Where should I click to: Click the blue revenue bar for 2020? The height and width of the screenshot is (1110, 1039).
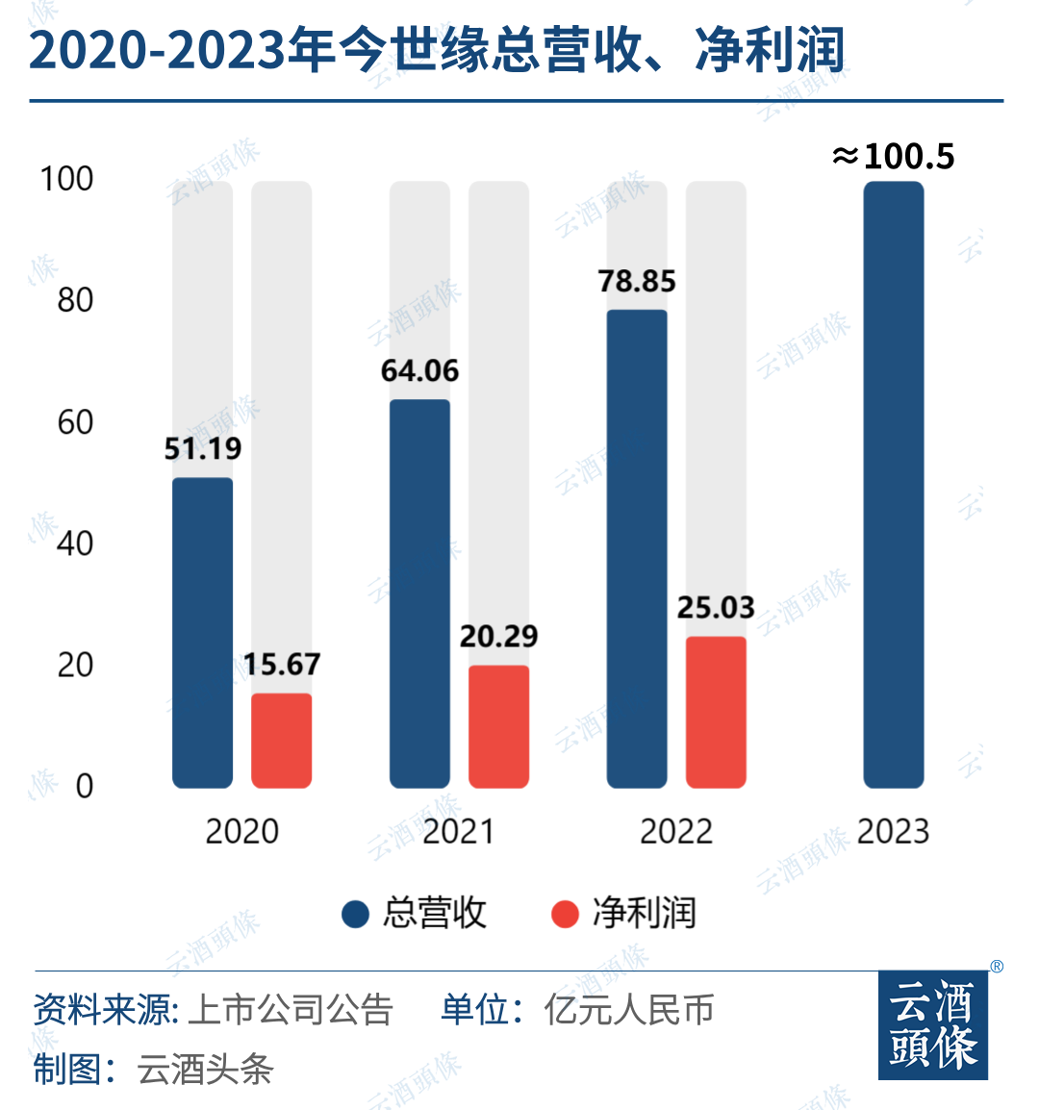click(x=202, y=633)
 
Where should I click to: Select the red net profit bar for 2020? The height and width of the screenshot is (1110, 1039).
click(x=281, y=741)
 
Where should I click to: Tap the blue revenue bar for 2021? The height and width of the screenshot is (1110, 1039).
click(x=419, y=593)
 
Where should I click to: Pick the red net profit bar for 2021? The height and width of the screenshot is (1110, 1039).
click(x=498, y=726)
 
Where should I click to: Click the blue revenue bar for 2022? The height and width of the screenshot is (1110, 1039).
click(x=637, y=548)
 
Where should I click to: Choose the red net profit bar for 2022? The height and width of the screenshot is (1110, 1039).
click(x=716, y=712)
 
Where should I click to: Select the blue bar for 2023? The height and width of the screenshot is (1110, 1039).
click(x=894, y=485)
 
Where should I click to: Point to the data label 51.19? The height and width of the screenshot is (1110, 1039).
click(x=202, y=448)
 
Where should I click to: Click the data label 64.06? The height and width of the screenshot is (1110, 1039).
click(x=419, y=370)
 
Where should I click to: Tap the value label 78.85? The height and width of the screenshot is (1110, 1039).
click(x=637, y=281)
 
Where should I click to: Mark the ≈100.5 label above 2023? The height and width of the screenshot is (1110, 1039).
click(x=894, y=156)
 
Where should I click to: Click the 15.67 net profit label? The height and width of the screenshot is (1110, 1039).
click(x=281, y=665)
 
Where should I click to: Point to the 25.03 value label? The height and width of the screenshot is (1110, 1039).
click(x=716, y=608)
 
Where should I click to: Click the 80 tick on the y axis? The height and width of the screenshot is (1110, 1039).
click(x=75, y=300)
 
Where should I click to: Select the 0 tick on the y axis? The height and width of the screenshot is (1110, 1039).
click(x=85, y=787)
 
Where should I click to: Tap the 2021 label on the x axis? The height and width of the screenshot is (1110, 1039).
click(x=459, y=832)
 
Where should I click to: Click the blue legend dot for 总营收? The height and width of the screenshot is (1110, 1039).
click(x=356, y=914)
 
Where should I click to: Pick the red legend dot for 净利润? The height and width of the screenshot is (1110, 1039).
click(x=565, y=914)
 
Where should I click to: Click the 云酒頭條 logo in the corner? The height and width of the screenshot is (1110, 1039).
click(x=933, y=1025)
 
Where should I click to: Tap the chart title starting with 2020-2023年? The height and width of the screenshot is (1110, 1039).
click(x=437, y=50)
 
